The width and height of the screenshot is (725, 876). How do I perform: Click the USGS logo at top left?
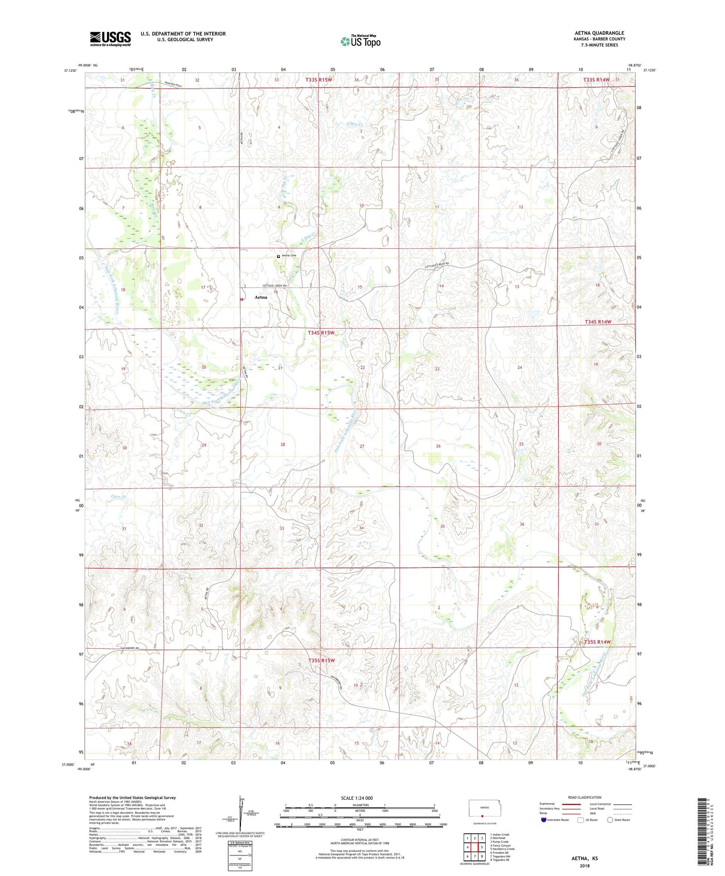tap(110, 39)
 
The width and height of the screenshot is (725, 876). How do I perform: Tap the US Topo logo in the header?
tap(360, 41)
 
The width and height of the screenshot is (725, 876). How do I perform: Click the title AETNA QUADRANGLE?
tap(600, 33)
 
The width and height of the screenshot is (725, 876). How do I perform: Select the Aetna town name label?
tap(261, 297)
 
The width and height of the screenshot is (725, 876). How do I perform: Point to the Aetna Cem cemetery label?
tap(289, 256)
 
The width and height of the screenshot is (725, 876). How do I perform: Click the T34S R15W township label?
tap(321, 333)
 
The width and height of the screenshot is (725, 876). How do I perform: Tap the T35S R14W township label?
tap(597, 642)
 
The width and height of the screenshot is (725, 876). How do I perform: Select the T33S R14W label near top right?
tap(597, 80)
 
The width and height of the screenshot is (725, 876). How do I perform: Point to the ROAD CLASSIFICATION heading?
tap(585, 797)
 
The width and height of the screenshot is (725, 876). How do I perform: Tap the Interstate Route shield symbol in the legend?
tap(543, 820)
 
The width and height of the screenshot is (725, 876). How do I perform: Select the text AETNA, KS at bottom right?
tap(585, 858)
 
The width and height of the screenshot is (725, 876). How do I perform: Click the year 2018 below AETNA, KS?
tap(585, 865)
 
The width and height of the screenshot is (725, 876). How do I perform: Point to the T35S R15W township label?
tap(321, 660)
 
